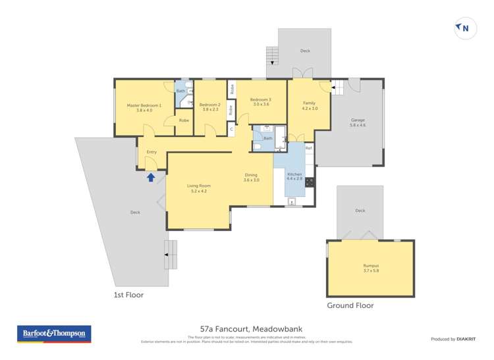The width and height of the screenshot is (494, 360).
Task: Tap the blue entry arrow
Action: coord(151,176)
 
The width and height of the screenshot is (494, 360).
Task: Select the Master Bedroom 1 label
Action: coord(144,108)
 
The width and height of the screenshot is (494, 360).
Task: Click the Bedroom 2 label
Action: coord(209,107)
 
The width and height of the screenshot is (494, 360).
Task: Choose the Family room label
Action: coord(309,105)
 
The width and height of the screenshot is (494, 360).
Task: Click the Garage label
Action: coord(358,122)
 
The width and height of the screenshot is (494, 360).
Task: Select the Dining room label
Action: coord(251,177)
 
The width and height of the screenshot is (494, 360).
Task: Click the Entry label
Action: coord(151,152)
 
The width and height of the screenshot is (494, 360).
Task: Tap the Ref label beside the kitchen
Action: coord(308,148)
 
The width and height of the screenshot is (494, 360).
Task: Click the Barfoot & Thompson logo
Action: coord(54,334)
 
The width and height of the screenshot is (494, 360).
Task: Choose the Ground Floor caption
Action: coord(350,305)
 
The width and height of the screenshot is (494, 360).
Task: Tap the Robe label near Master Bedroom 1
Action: coord(184,120)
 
